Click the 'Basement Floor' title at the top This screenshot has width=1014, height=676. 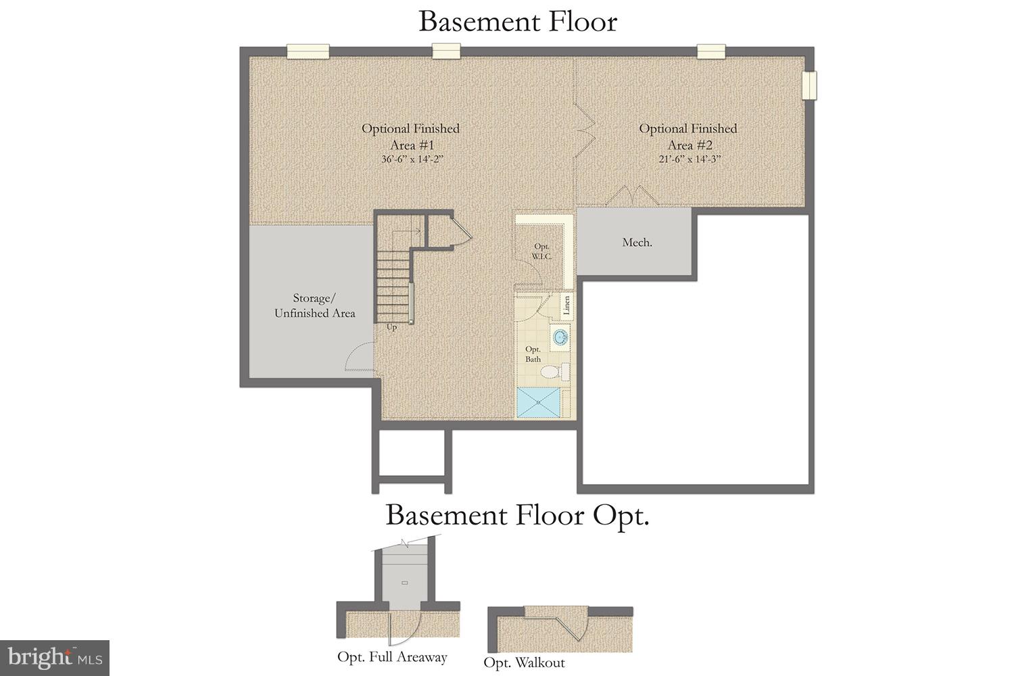point(517,22)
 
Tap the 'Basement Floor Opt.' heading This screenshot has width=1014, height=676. point(517,516)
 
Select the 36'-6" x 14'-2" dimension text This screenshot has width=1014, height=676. point(411,160)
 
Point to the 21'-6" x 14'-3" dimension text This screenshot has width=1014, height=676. point(688,160)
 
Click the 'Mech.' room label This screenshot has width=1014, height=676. point(637,243)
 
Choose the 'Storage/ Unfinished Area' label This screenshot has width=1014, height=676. point(314,306)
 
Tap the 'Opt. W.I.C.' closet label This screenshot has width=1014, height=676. point(541,251)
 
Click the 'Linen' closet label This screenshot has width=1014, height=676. point(567,306)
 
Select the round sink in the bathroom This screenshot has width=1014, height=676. point(560,336)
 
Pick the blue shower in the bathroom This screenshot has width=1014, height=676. point(539,402)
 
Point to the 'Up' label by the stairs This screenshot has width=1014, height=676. point(391,328)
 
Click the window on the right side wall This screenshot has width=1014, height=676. point(809,85)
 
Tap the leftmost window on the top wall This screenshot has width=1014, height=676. point(308,51)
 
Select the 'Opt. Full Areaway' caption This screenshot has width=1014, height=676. point(392,657)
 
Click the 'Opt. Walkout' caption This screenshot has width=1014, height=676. point(524,662)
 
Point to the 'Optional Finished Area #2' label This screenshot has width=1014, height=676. point(688,136)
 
